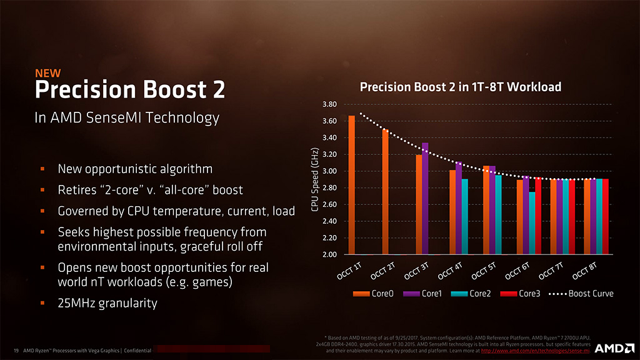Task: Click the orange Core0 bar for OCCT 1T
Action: [351, 185]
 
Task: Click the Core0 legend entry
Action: [373, 293]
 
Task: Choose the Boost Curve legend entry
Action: [581, 293]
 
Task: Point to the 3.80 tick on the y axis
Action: [329, 104]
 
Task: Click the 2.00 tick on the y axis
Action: [329, 255]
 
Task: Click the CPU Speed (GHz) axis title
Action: [316, 179]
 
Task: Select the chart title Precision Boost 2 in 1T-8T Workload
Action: [461, 87]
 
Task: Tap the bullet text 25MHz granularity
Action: [107, 304]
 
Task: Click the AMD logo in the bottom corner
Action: [611, 348]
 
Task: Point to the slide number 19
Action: [16, 351]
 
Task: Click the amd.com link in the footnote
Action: [536, 351]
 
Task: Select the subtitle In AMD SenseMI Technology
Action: [127, 117]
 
